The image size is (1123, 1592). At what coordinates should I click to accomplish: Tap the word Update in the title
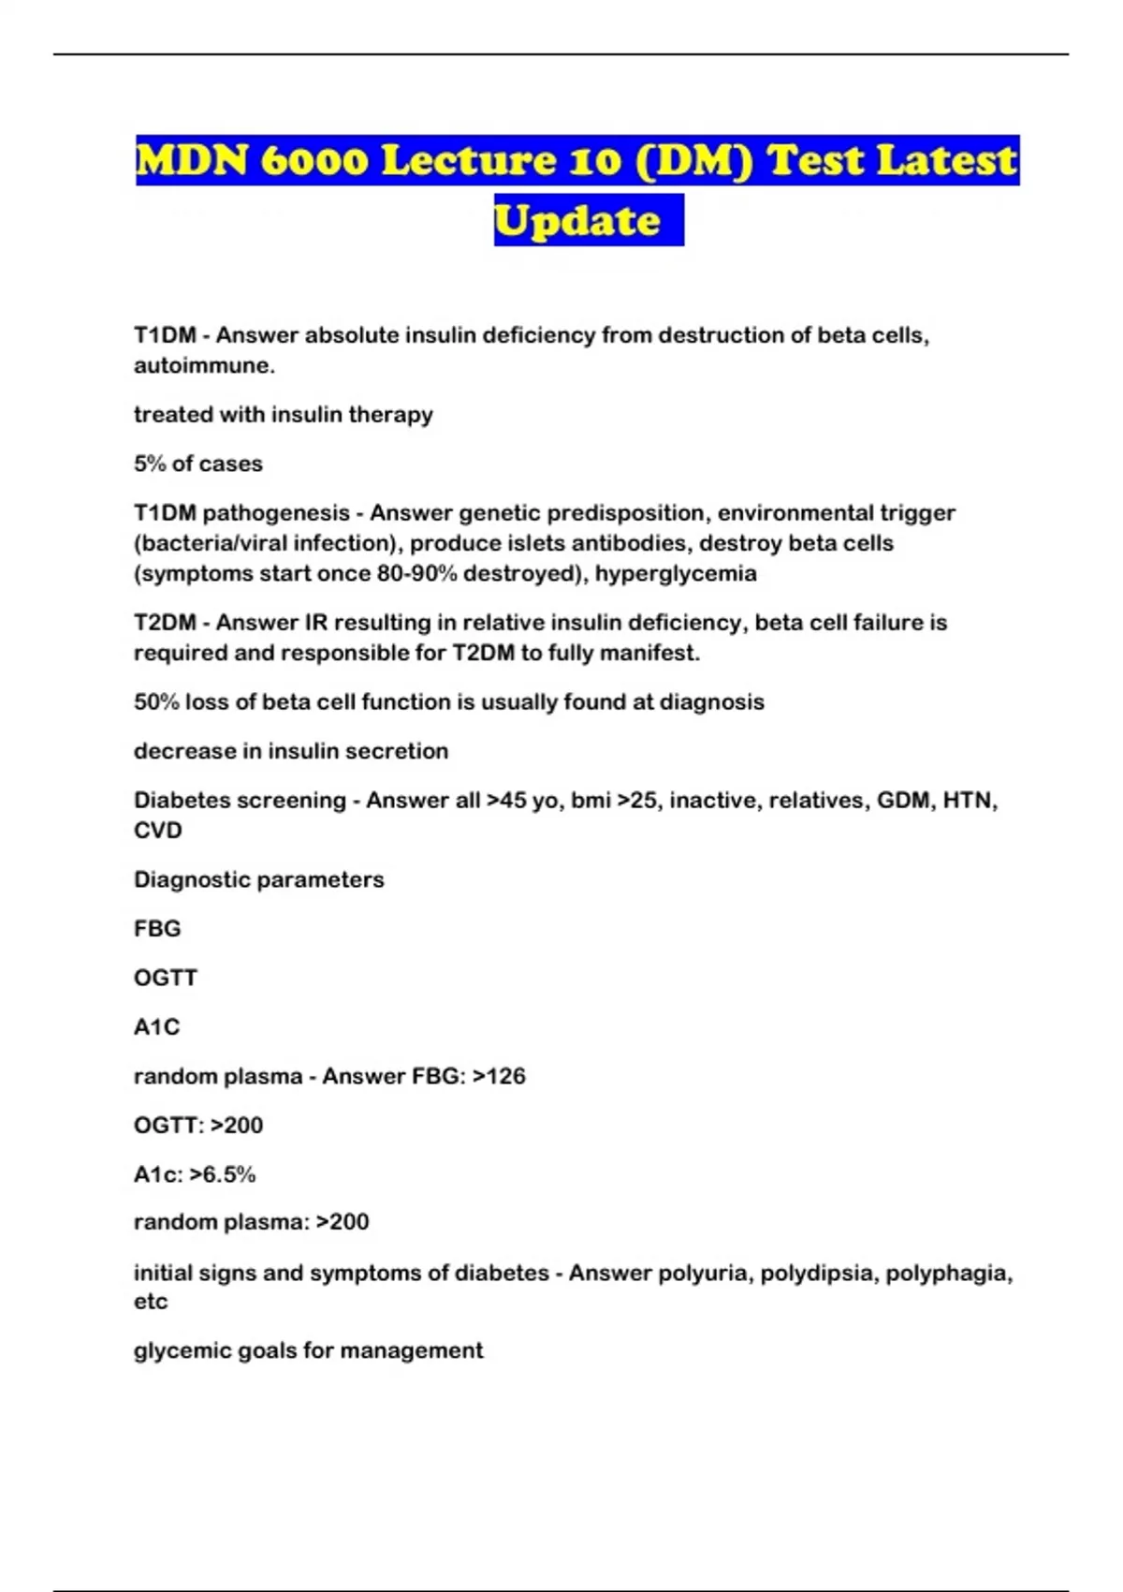click(x=577, y=220)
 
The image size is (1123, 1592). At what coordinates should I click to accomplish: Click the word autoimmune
click(x=204, y=365)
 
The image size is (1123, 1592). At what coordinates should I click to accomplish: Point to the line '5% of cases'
click(x=198, y=464)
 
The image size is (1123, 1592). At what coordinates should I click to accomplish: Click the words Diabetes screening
click(x=240, y=801)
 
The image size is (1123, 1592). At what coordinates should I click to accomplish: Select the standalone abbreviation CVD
click(x=158, y=831)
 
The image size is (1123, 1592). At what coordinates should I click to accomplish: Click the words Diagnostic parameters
click(x=259, y=880)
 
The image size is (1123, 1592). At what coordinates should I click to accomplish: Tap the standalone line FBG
click(x=157, y=929)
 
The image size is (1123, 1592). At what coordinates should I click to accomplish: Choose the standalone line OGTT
click(x=166, y=978)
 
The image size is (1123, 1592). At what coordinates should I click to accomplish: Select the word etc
click(x=151, y=1302)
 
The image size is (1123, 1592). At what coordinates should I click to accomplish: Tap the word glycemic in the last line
click(x=179, y=1351)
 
